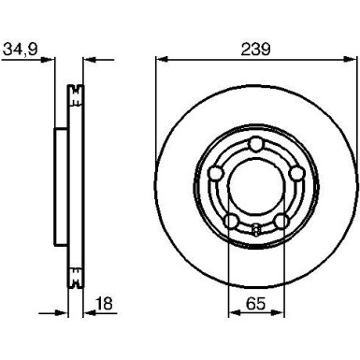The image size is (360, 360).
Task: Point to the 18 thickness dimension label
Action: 105,303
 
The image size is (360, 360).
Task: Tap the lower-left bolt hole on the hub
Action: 230,220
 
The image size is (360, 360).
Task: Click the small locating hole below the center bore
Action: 254,227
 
